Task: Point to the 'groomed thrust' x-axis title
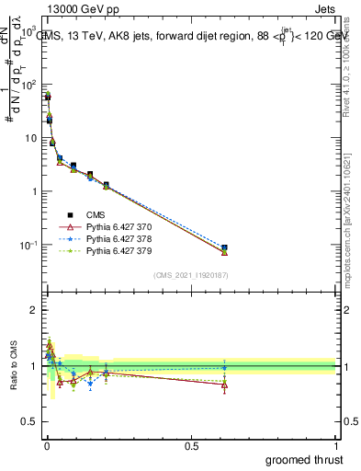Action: (304, 459)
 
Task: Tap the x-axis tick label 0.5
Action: (192, 445)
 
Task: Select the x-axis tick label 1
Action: (337, 445)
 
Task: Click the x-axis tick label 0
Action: (47, 445)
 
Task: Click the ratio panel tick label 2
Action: (35, 310)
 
